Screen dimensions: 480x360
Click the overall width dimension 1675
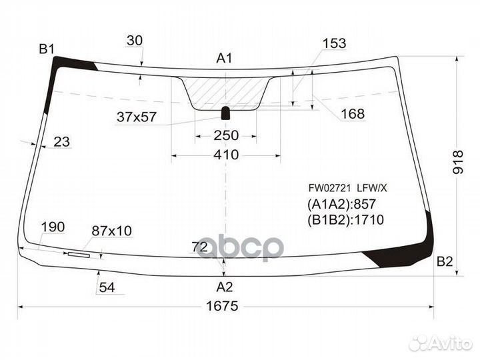[x=222, y=306]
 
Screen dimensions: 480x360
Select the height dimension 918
[x=458, y=162]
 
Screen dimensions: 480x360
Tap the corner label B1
[x=47, y=49]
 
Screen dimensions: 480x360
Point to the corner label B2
[x=444, y=262]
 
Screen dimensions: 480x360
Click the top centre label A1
[x=225, y=58]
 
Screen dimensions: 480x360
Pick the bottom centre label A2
[x=225, y=287]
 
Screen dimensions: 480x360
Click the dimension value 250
[x=226, y=135]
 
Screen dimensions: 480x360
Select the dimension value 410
[x=226, y=155]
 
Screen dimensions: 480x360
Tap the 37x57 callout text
[x=137, y=117]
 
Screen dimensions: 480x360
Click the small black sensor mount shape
[x=225, y=113]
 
